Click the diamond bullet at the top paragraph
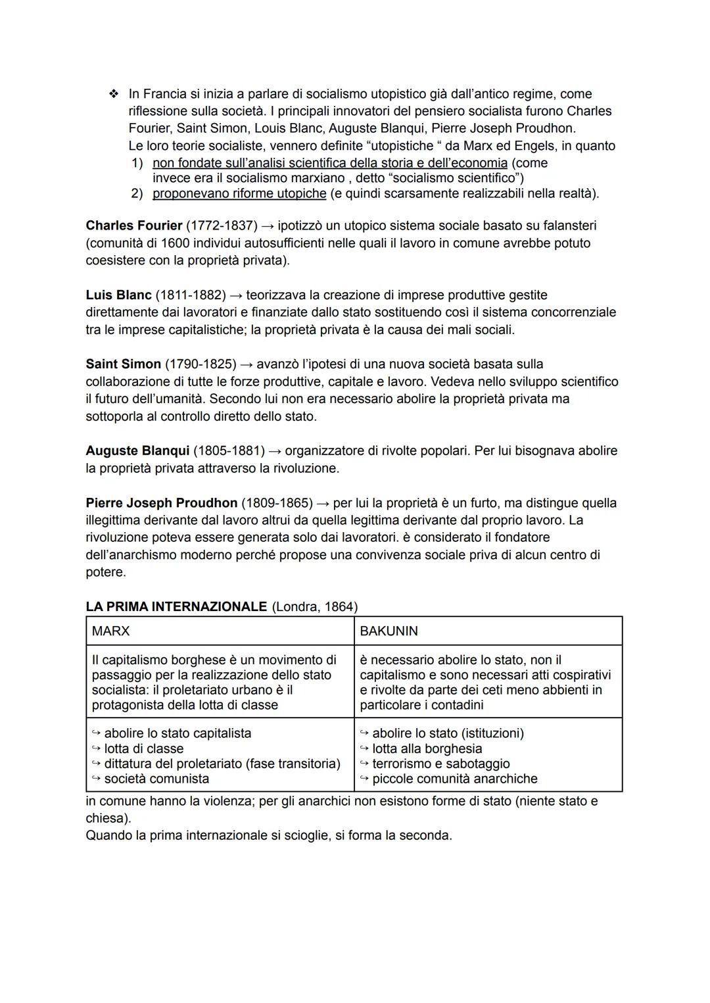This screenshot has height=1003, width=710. tap(114, 95)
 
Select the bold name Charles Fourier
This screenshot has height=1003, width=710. tap(133, 226)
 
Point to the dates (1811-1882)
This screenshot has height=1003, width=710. tap(191, 295)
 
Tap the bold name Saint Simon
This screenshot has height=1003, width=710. tap(123, 364)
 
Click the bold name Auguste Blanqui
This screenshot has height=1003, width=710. tap(137, 451)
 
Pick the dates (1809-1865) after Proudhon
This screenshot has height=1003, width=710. tap(277, 503)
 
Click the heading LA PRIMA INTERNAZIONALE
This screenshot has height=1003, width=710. tap(176, 607)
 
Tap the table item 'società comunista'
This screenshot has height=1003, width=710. tap(156, 779)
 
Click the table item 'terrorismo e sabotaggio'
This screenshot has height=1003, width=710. tap(440, 764)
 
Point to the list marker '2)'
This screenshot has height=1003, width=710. tap(137, 193)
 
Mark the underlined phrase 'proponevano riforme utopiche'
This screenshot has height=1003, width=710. tap(239, 193)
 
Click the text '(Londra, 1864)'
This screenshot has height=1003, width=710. tap(314, 607)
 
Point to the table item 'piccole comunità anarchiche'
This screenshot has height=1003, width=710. tap(454, 779)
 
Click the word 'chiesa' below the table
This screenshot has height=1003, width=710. tap(105, 818)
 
